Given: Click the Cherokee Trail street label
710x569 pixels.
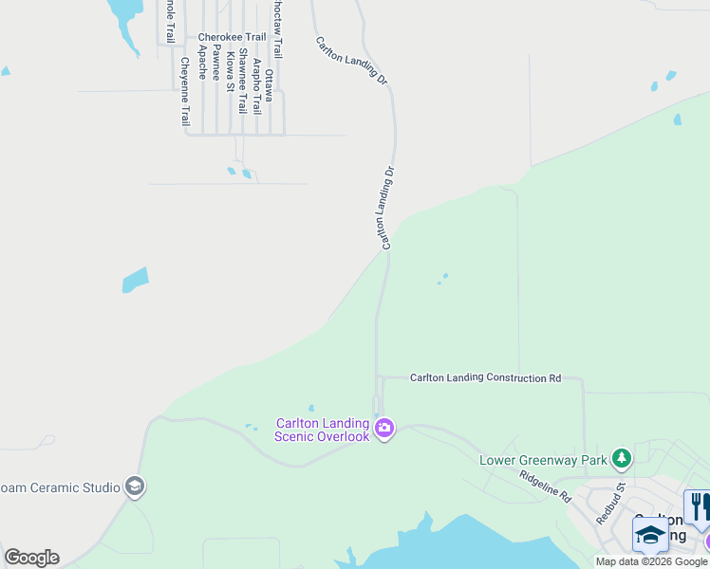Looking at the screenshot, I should pos(232,38).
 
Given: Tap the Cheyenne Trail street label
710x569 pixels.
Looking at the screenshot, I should pos(185,92).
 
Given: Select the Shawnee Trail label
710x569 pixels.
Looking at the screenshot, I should pos(243,81).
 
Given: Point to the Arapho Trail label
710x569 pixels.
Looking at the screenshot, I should pos(256,87).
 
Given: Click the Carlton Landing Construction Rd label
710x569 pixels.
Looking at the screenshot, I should pos(485,377).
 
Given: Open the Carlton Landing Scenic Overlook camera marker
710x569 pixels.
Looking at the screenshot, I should pos(384,430).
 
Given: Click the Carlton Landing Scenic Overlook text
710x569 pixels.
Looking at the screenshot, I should pos(322,430).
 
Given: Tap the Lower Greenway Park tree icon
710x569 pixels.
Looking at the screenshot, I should pos(621,460).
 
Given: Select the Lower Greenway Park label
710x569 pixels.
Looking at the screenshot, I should pos(543,461).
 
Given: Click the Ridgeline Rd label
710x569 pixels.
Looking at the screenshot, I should pos(545,483).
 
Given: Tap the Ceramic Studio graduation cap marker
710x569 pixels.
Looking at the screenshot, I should pos(135,486).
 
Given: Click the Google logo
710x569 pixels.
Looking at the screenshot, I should pos(31,558).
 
